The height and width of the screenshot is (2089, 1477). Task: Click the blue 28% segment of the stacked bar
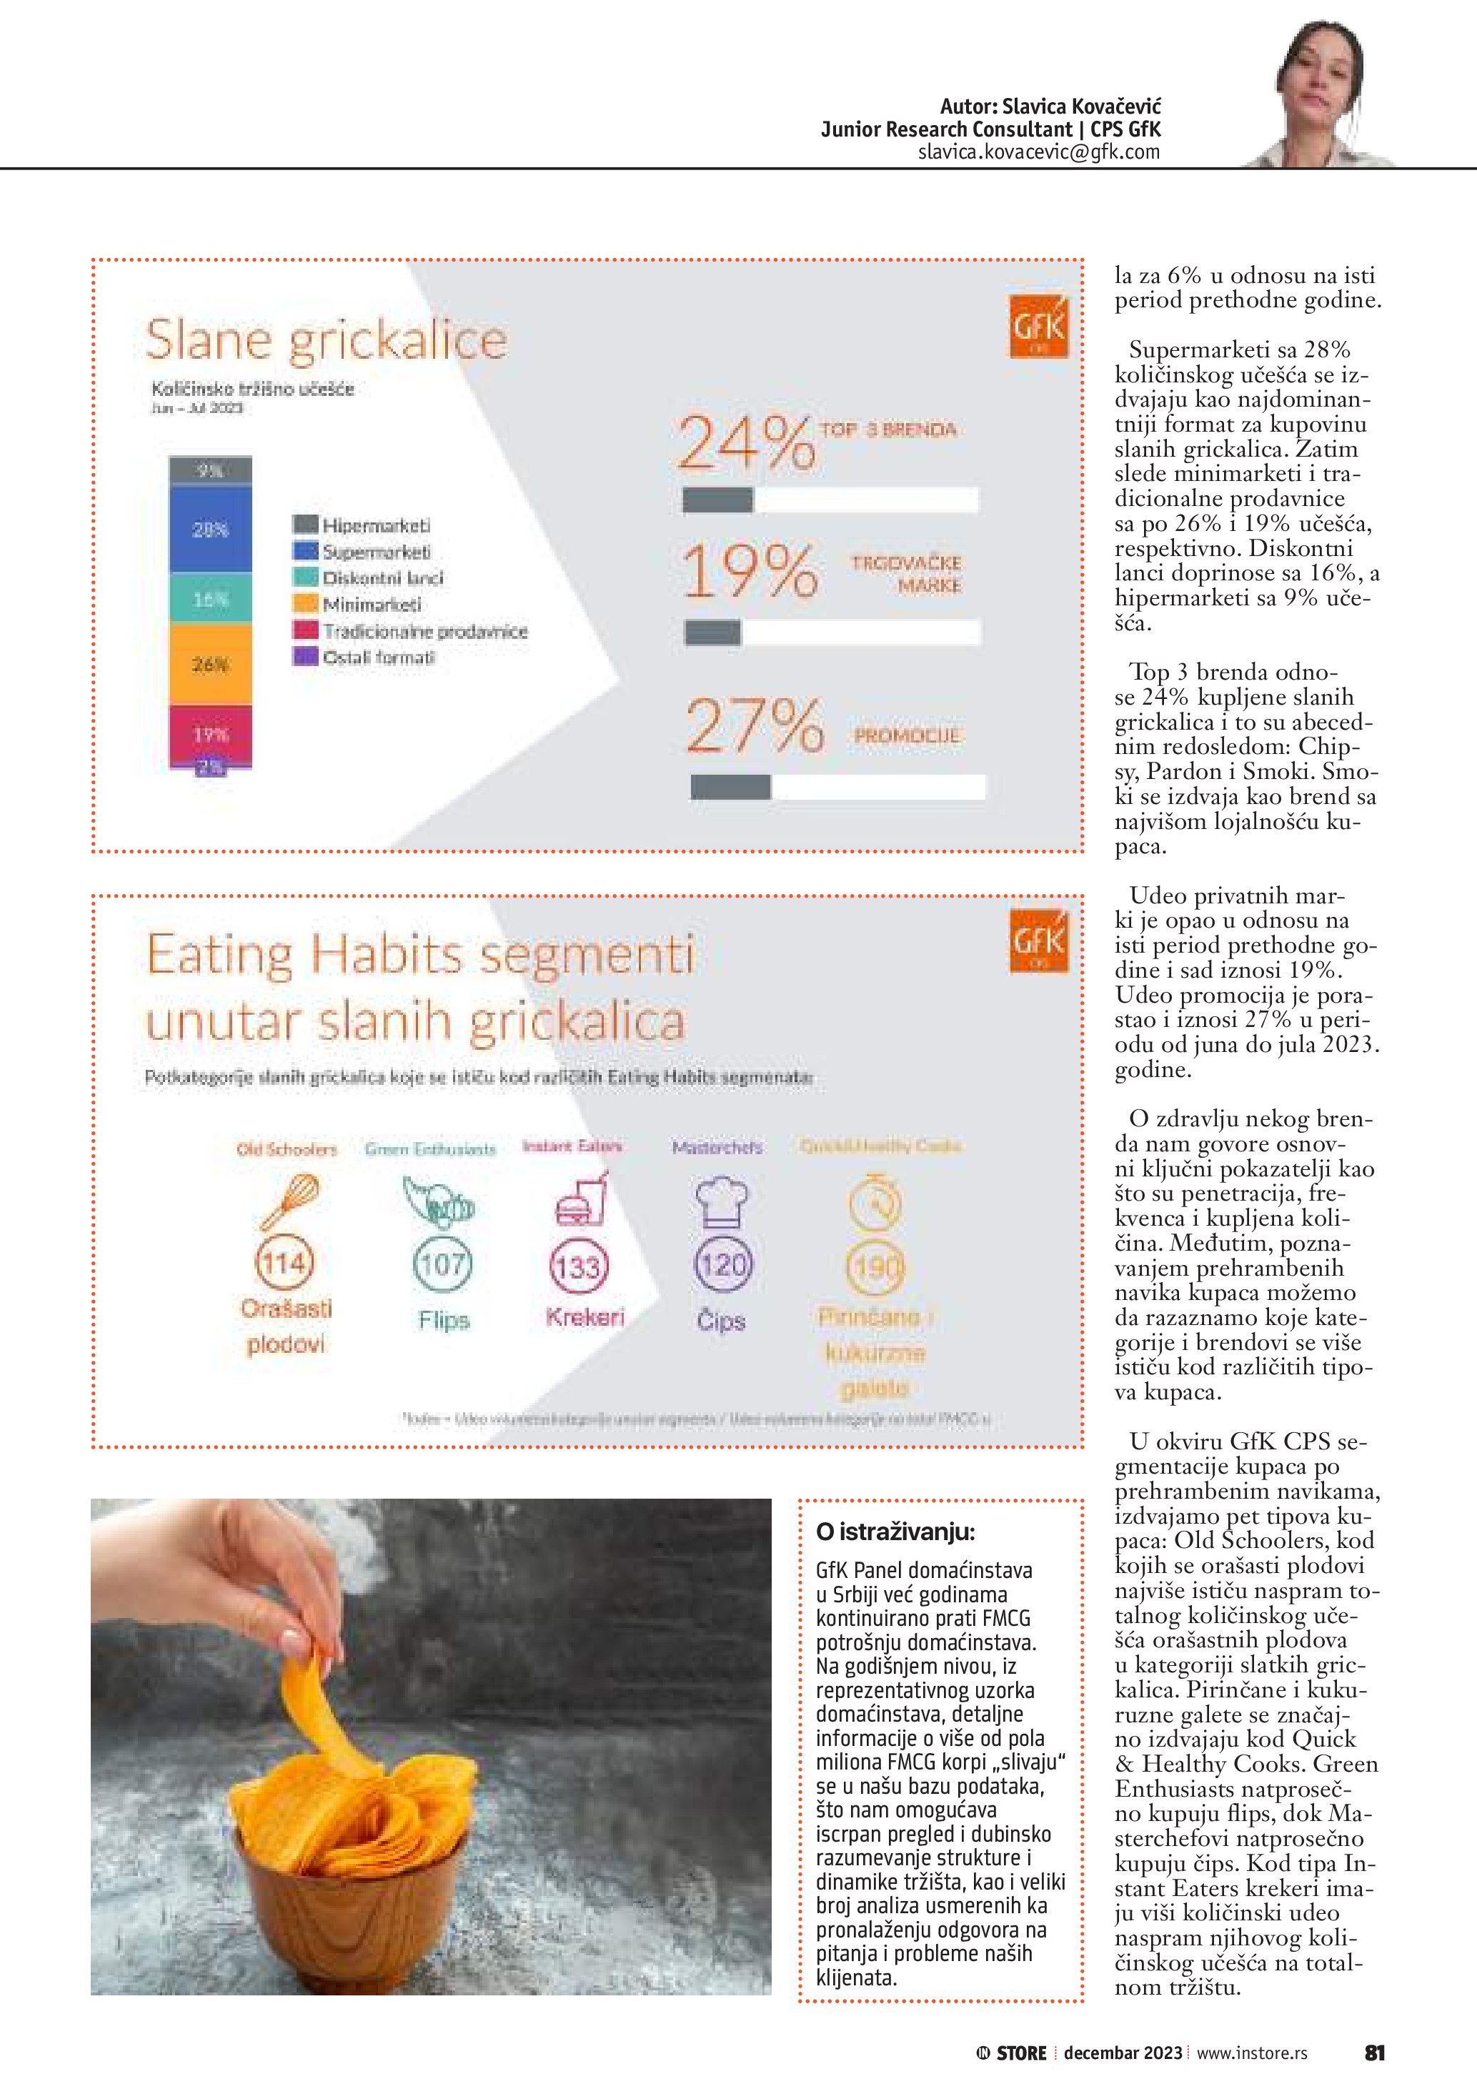210,529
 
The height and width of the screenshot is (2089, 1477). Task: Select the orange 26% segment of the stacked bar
210,664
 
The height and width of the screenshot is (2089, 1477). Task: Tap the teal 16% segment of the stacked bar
210,599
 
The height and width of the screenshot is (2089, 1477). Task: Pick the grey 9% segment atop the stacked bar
210,470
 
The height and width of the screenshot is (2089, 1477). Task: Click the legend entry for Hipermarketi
362,525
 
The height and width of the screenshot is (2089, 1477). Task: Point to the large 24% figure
746,443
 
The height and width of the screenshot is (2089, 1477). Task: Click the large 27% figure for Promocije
754,726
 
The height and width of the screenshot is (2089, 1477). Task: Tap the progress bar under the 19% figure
832,632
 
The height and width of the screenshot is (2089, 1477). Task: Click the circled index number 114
284,1263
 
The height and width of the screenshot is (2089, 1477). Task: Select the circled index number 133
578,1266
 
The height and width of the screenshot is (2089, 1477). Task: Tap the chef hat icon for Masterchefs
721,1203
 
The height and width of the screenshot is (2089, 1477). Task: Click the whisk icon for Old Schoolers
290,1201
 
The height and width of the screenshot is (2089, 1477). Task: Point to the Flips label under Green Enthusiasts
444,1320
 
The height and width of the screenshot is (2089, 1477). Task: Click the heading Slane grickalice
327,340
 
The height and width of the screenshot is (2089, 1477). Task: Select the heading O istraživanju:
895,1532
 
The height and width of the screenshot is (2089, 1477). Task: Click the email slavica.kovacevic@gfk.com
1039,152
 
